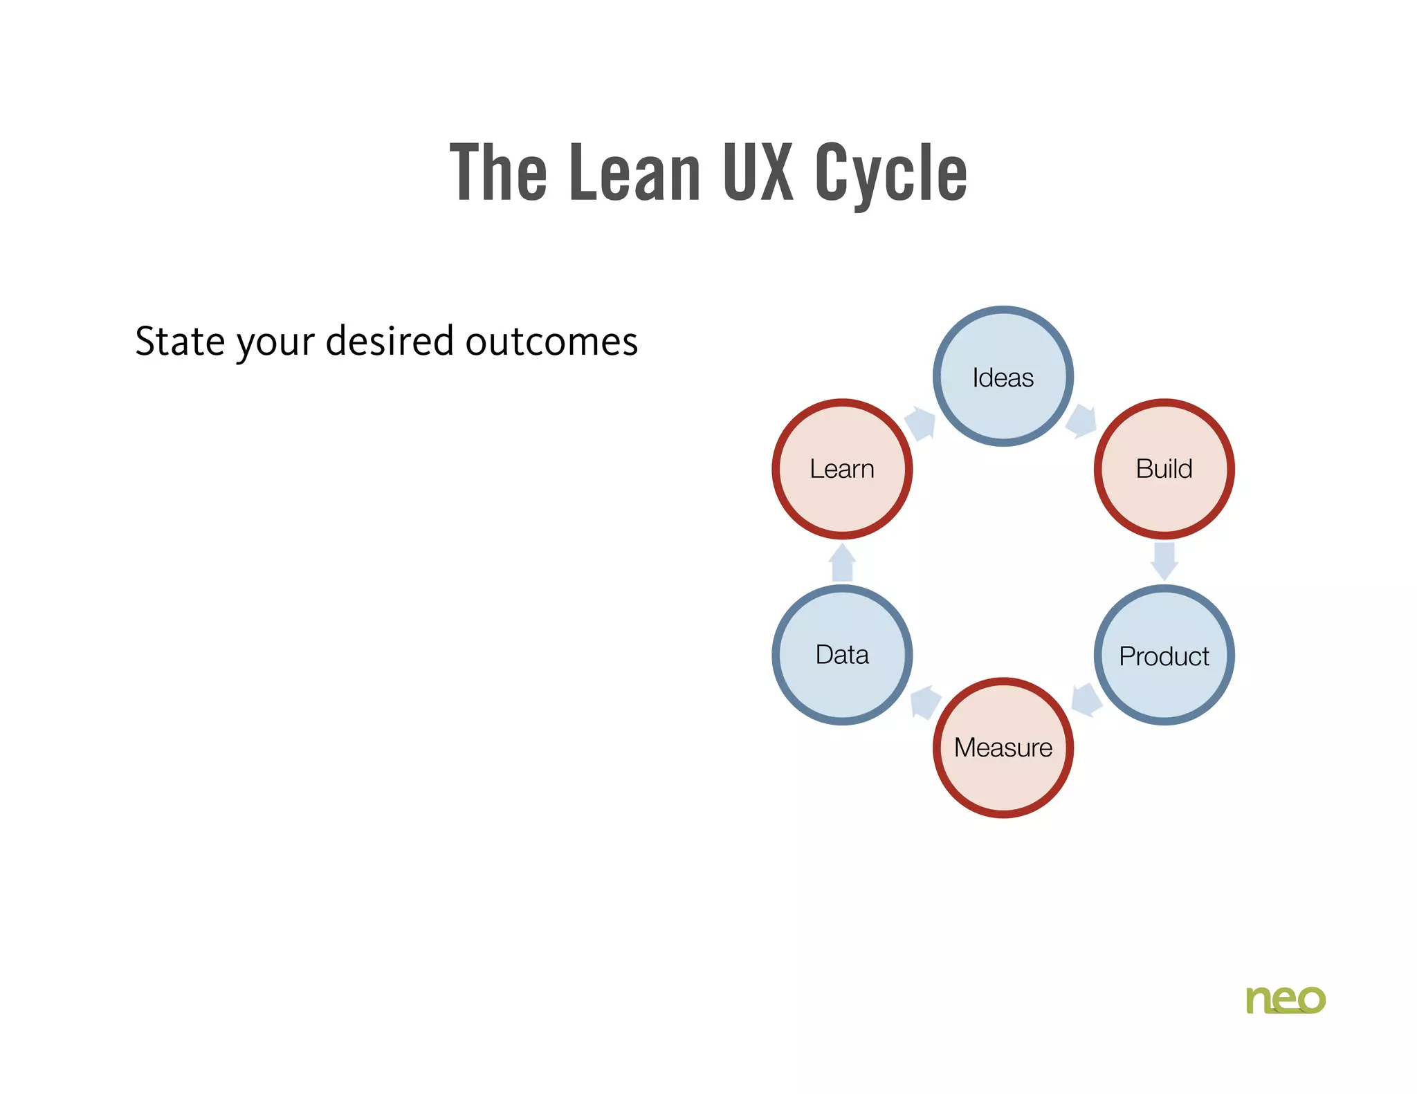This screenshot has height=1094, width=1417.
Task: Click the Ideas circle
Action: tap(1003, 376)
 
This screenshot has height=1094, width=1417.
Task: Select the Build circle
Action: tap(1164, 469)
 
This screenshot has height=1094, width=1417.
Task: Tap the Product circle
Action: tap(1164, 655)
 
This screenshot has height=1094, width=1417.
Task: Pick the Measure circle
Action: tap(1003, 748)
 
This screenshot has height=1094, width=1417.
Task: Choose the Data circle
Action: tap(842, 655)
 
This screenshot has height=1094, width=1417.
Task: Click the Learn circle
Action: tap(842, 469)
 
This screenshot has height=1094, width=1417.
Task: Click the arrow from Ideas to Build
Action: tap(1081, 421)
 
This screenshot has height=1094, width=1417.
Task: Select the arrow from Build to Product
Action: tap(1164, 561)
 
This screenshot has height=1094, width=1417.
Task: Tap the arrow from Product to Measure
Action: tap(1086, 700)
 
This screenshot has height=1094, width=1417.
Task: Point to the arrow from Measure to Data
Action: tap(925, 703)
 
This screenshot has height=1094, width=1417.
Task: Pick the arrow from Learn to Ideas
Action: tap(921, 423)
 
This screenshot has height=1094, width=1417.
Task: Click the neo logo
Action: tap(1285, 999)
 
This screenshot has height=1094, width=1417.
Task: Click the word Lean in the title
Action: tap(634, 173)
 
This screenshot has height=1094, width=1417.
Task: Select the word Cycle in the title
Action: tap(890, 173)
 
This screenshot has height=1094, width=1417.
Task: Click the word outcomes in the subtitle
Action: tap(551, 342)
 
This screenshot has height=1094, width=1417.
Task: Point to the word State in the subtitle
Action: tap(179, 342)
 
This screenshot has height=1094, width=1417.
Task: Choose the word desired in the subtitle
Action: tap(390, 342)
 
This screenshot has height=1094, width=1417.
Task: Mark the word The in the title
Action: tap(498, 173)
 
